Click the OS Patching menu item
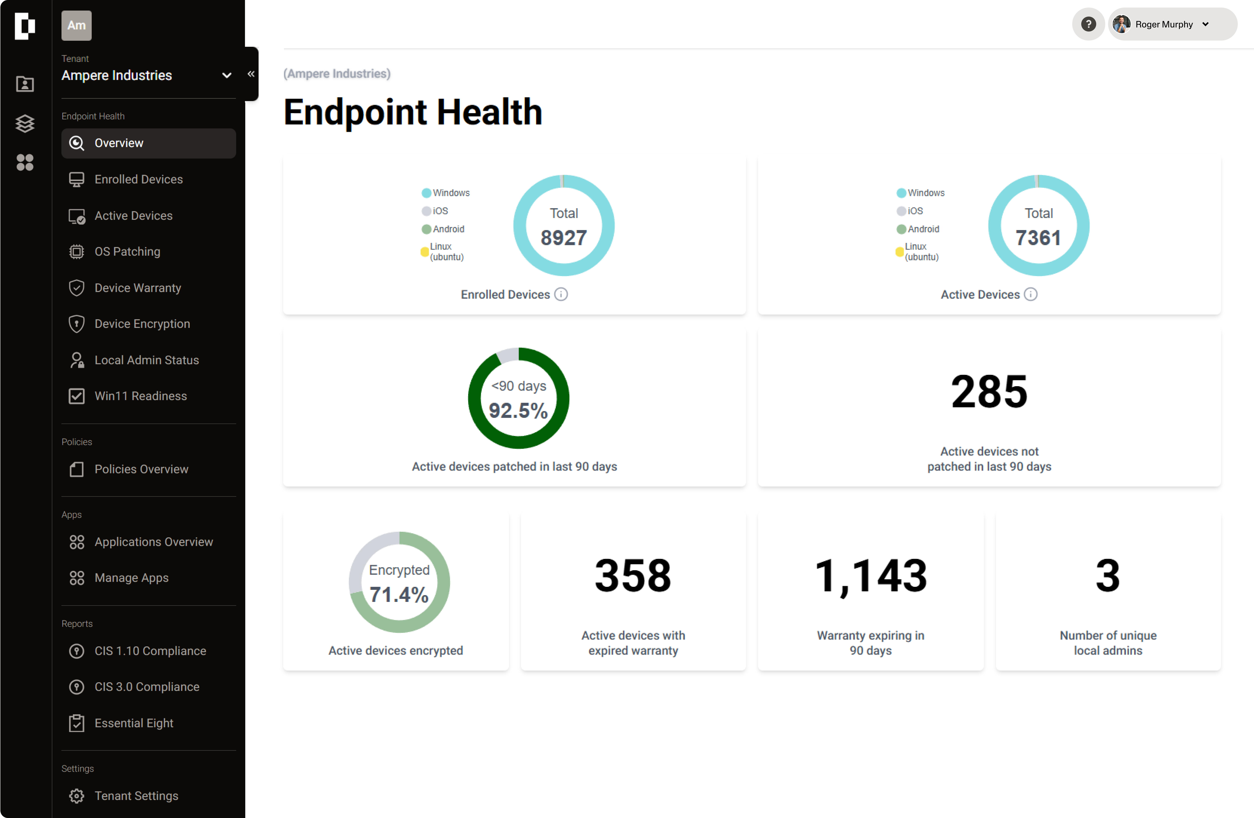tap(127, 252)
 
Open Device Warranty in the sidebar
tap(137, 288)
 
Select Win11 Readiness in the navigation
tap(140, 396)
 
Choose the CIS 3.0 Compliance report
tap(146, 687)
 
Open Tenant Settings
tap(136, 796)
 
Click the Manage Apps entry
tap(131, 578)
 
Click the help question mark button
tap(1088, 24)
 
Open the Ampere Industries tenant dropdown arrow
tap(227, 75)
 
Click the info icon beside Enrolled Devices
tap(561, 294)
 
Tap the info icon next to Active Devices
tap(1031, 294)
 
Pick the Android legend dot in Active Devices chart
tap(901, 229)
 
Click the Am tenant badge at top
tap(76, 25)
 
